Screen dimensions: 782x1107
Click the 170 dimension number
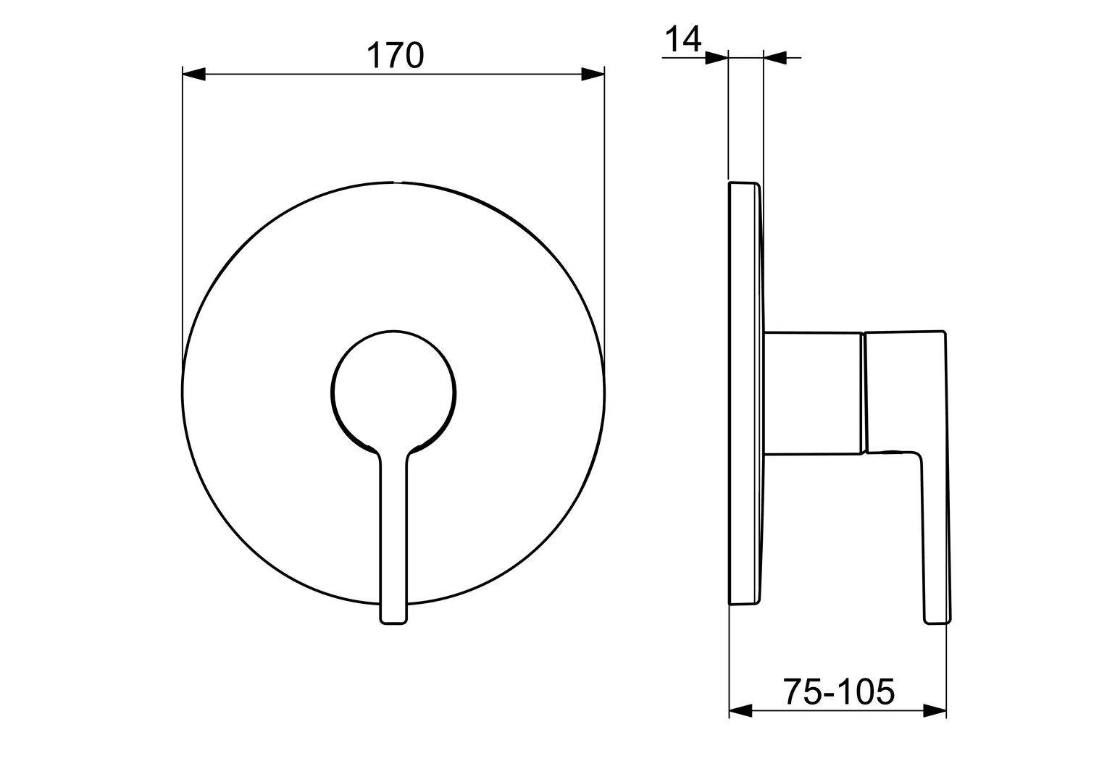(x=394, y=55)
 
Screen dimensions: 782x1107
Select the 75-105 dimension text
(x=838, y=691)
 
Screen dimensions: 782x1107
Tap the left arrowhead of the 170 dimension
(x=193, y=74)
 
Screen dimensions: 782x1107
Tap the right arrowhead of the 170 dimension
(x=593, y=74)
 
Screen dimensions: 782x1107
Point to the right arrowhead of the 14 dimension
(x=775, y=58)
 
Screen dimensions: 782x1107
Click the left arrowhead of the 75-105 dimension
(x=740, y=711)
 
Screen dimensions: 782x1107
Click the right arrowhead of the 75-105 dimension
(x=935, y=711)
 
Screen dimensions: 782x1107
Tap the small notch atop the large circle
(x=394, y=182)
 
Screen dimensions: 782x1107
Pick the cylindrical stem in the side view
(x=813, y=393)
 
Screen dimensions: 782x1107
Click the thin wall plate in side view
(x=744, y=393)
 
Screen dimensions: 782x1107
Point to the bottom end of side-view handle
(x=937, y=620)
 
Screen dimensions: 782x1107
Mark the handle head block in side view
(x=906, y=392)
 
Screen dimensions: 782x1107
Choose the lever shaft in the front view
(x=393, y=536)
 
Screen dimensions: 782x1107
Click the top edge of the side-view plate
(x=743, y=182)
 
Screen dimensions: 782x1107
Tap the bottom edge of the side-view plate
(x=743, y=604)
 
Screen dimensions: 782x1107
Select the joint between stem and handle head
(x=862, y=393)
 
